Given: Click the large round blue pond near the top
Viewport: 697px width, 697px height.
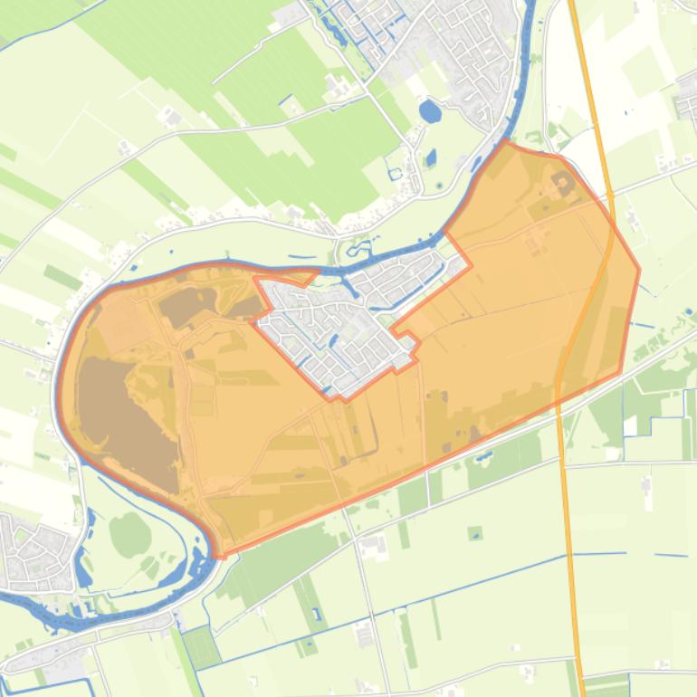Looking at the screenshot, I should pyautogui.click(x=430, y=112).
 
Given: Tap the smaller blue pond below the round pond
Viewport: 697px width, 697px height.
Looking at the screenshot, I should pyautogui.click(x=431, y=157).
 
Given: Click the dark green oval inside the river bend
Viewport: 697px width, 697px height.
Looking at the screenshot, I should pyautogui.click(x=130, y=533).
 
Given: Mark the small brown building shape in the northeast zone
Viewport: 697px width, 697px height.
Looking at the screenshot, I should pyautogui.click(x=563, y=186).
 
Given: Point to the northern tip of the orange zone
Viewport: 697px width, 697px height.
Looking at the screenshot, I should pyautogui.click(x=505, y=142).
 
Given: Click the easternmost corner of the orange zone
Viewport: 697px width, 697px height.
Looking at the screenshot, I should pyautogui.click(x=639, y=269).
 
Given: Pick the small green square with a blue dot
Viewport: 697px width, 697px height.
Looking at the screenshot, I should pyautogui.click(x=475, y=533).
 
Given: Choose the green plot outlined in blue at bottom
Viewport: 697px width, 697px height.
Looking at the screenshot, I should pyautogui.click(x=200, y=647).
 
